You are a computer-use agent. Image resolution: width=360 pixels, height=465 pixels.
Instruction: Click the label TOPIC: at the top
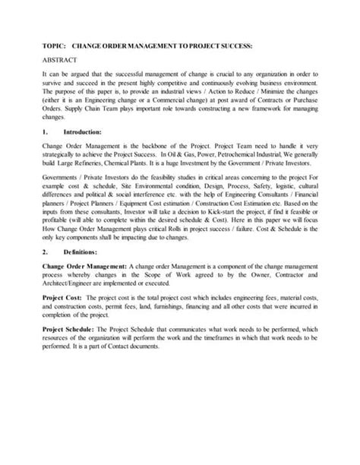pos(52,46)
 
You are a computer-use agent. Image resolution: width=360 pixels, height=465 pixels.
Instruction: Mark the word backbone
pos(148,144)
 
